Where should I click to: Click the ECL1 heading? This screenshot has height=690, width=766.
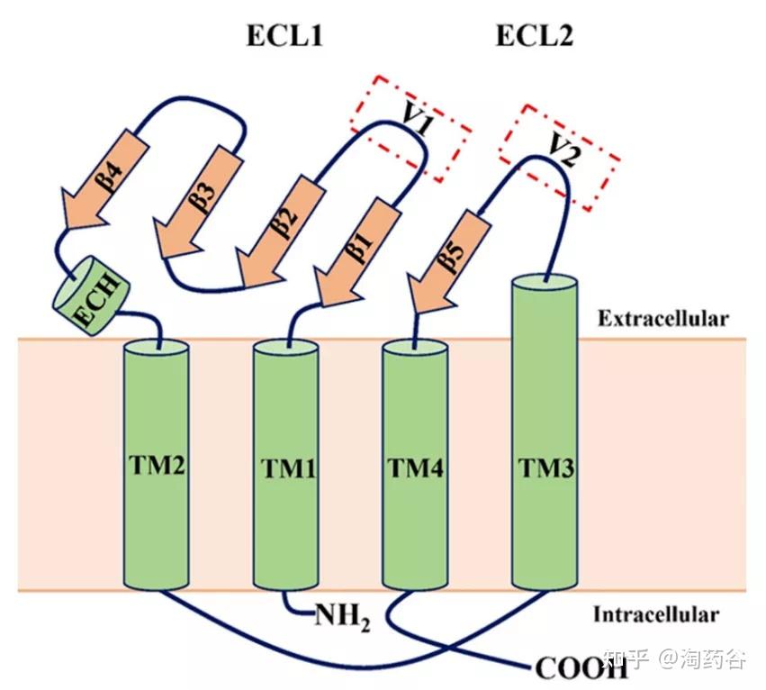click(284, 36)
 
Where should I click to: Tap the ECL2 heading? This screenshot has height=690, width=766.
click(535, 36)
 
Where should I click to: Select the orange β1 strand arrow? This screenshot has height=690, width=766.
click(356, 253)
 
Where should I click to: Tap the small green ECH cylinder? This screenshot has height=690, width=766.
click(91, 295)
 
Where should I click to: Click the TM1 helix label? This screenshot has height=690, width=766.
click(288, 468)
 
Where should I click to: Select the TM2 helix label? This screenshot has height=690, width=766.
click(158, 465)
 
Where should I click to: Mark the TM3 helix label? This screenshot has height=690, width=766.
click(546, 468)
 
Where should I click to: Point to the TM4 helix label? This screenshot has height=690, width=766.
click(416, 468)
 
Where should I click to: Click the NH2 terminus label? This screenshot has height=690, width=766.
click(342, 617)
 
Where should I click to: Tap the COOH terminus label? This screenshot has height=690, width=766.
click(581, 668)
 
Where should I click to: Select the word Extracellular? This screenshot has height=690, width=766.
click(662, 318)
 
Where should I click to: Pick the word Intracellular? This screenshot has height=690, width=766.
click(656, 614)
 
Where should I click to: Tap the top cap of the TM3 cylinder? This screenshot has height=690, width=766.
click(545, 283)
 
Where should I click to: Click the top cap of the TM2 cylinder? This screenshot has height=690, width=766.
click(157, 350)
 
